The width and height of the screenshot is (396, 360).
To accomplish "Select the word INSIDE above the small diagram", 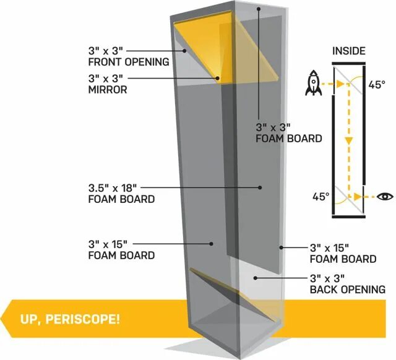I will pos(349,51).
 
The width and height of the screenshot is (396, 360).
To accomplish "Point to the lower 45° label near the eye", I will pos(321,197).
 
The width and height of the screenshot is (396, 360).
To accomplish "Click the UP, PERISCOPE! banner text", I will pos(69,320).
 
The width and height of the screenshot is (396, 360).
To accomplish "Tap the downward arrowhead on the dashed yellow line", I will pos(348,141).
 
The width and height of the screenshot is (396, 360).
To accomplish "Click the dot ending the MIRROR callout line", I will pos(218,79).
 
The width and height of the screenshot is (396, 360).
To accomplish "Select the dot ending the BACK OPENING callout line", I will pos(254,278).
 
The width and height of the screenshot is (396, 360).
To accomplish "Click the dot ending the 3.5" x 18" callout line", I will pos(260,187).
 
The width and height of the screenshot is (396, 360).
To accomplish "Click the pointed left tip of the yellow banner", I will pos(4,320).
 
